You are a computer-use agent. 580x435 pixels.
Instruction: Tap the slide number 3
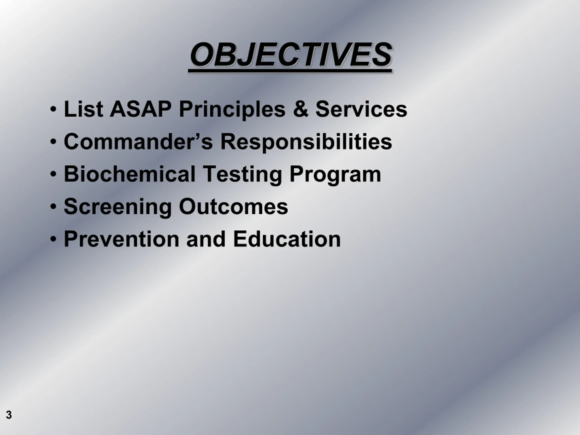click(x=9, y=415)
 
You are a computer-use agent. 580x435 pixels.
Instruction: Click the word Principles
click(x=232, y=110)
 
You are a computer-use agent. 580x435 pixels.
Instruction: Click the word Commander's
click(x=138, y=142)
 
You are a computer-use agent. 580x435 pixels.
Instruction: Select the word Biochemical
click(x=130, y=174)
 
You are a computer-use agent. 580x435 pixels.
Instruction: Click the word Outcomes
click(x=233, y=207)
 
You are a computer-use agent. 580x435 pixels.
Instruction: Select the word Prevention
click(x=121, y=239)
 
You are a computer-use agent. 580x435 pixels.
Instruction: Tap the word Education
click(x=287, y=239)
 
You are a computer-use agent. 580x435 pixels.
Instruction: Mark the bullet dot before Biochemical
click(x=53, y=174)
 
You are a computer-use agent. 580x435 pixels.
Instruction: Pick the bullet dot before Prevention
click(x=53, y=239)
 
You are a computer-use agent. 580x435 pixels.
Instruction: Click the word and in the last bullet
click(x=206, y=239)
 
